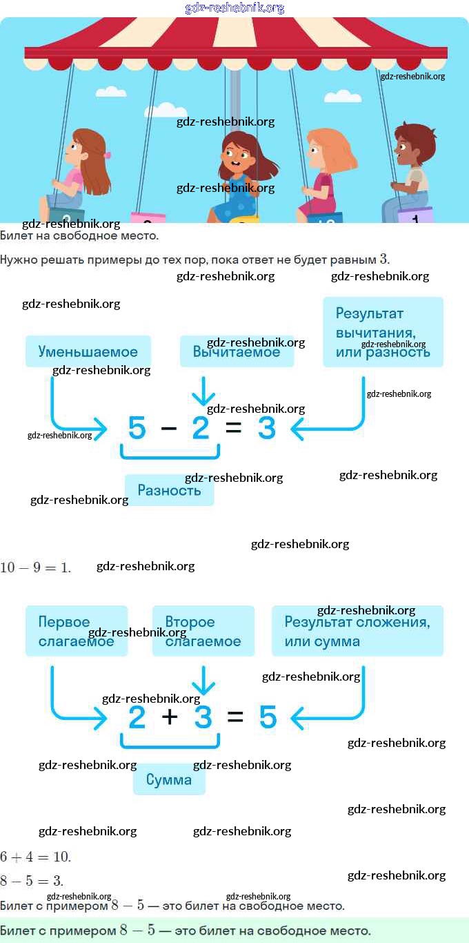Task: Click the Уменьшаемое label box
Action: [88, 351]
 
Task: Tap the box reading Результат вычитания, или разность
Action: [383, 332]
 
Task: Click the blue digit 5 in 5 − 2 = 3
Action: [137, 429]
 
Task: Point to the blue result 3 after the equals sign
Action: [267, 429]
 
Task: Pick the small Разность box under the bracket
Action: [169, 490]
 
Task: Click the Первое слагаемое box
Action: [77, 631]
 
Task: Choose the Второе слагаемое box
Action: [203, 631]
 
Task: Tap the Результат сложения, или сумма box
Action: [357, 631]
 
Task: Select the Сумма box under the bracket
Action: [169, 780]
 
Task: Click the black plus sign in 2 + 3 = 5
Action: [170, 717]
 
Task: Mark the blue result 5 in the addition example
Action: [268, 718]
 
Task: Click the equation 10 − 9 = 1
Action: [35, 567]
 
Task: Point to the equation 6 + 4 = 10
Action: [35, 857]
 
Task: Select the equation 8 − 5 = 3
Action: [32, 881]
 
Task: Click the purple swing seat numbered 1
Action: [415, 216]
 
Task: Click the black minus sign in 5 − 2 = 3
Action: [168, 429]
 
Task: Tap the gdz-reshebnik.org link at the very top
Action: [234, 8]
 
